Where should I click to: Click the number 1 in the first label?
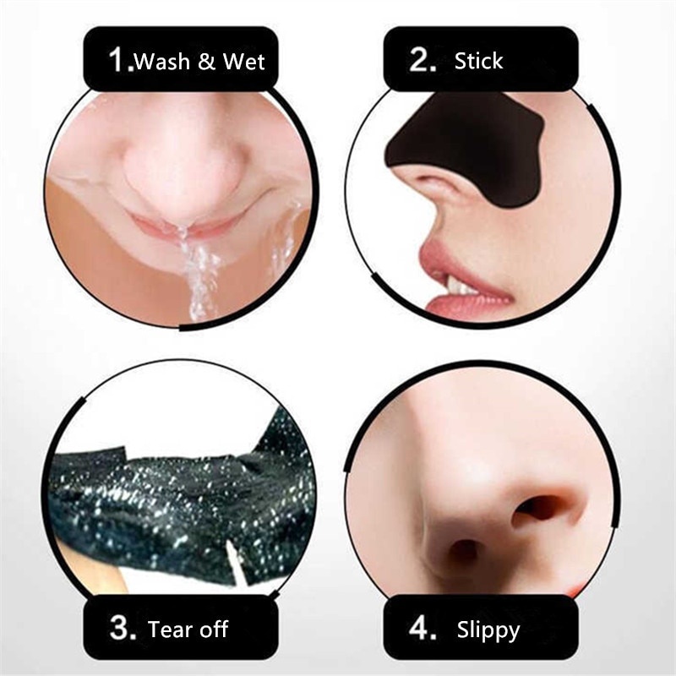tap(119, 60)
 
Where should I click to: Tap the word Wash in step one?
tap(162, 62)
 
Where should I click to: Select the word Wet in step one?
tap(244, 62)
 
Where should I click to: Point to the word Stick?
tap(478, 61)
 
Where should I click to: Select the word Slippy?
tap(488, 630)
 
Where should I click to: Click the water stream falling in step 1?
tap(199, 270)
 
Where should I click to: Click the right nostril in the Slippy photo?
tap(540, 507)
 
